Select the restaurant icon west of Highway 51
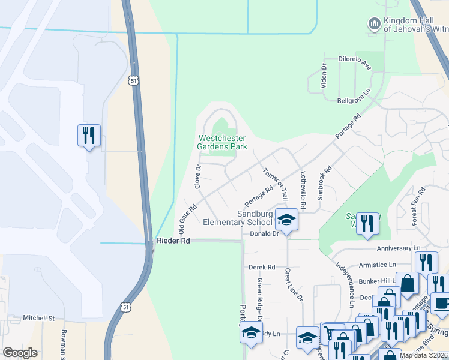pos(89,136)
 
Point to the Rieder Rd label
pos(173,241)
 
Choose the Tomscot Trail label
pos(276,184)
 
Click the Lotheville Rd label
pos(303,191)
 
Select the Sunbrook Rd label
pos(324,184)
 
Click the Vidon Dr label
pos(324,76)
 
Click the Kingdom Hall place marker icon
pos(374,24)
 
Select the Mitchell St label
pos(38,318)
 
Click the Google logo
pos(20,353)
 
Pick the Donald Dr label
pos(265,234)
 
